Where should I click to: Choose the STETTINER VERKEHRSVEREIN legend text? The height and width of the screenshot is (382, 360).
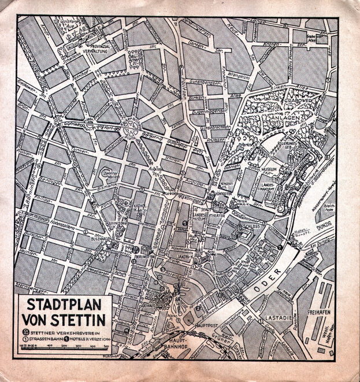click(64, 332)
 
